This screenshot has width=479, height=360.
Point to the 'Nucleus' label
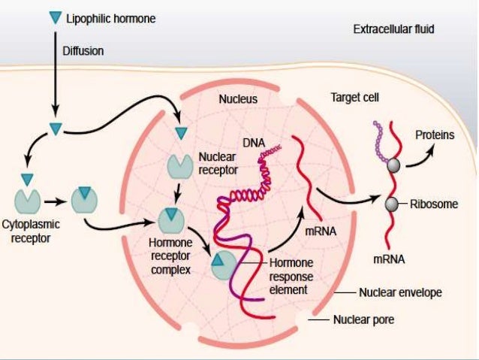238,98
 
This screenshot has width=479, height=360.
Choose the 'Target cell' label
355,98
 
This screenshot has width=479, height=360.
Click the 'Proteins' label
435,135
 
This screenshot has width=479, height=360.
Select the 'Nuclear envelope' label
400,292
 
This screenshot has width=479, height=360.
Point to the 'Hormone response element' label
291,275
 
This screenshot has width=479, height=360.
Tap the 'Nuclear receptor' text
217,164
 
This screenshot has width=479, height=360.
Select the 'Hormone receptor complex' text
171,256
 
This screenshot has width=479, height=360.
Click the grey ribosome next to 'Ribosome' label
391,204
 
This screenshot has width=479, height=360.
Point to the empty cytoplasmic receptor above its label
29,200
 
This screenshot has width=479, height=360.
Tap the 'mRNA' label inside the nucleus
321,233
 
